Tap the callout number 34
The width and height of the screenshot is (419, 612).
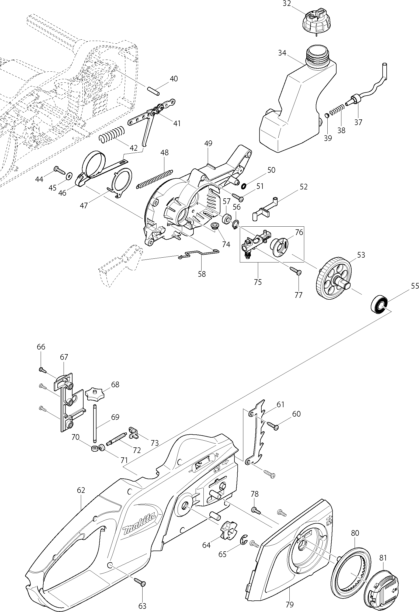coord(282,53)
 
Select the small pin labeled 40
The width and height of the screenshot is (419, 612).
coord(154,90)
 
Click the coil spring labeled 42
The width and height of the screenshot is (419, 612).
coord(112,134)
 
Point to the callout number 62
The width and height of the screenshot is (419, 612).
coord(81,490)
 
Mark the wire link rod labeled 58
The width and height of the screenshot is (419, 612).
coord(199,254)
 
